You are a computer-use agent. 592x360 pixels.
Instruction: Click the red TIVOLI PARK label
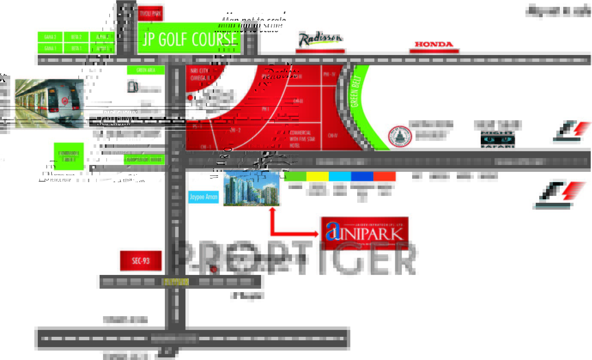(x=150, y=14)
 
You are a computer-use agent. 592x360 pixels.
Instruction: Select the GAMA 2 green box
(x=50, y=37)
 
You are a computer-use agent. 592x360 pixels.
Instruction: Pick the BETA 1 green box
(x=76, y=49)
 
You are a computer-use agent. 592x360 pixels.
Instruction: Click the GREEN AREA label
(x=146, y=70)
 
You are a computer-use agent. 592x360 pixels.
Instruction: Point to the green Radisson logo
(x=320, y=39)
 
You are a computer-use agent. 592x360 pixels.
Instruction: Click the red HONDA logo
(x=434, y=44)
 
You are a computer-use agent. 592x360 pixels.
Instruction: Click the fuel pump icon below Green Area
(x=133, y=87)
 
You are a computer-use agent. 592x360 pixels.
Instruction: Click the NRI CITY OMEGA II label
(x=200, y=74)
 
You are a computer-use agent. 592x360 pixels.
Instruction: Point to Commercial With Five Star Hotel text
(x=300, y=139)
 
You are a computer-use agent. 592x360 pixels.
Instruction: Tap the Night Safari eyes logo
(x=498, y=139)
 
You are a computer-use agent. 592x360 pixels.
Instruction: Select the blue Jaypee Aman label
(x=203, y=197)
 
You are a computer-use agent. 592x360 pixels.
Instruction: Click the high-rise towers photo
(x=252, y=189)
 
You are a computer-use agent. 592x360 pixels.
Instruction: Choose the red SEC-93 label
(x=141, y=261)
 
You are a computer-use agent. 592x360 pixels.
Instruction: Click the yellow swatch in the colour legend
(x=317, y=176)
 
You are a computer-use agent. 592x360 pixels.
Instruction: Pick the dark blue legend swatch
(x=362, y=176)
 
